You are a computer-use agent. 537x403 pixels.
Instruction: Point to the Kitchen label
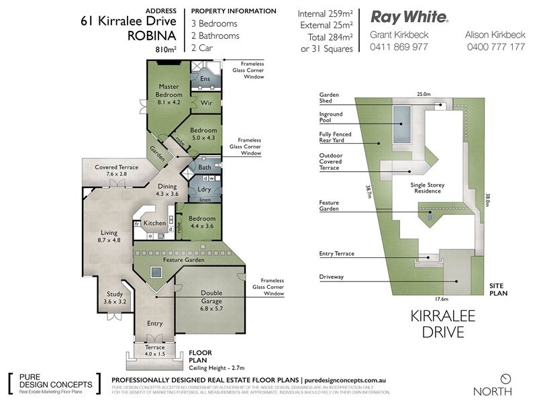[154, 223]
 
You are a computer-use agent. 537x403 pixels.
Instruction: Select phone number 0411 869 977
[399, 47]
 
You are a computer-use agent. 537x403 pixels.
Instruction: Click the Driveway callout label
[332, 277]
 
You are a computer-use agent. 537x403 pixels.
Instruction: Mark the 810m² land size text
[165, 49]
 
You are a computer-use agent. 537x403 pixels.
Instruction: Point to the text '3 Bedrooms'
[215, 24]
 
